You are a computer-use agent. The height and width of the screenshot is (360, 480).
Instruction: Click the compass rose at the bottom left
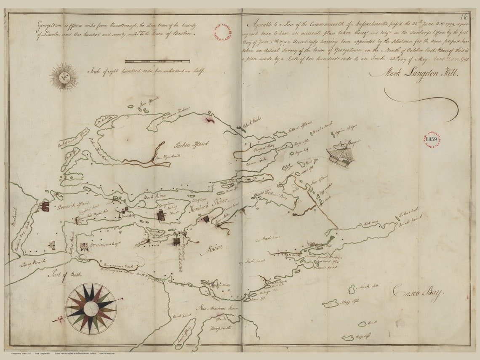pos(91,309)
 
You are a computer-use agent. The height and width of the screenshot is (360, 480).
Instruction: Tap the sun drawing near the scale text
pos(64,77)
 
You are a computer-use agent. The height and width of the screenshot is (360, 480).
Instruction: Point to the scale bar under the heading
pos(157,61)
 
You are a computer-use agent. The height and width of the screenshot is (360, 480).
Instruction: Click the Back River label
pos(154,196)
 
